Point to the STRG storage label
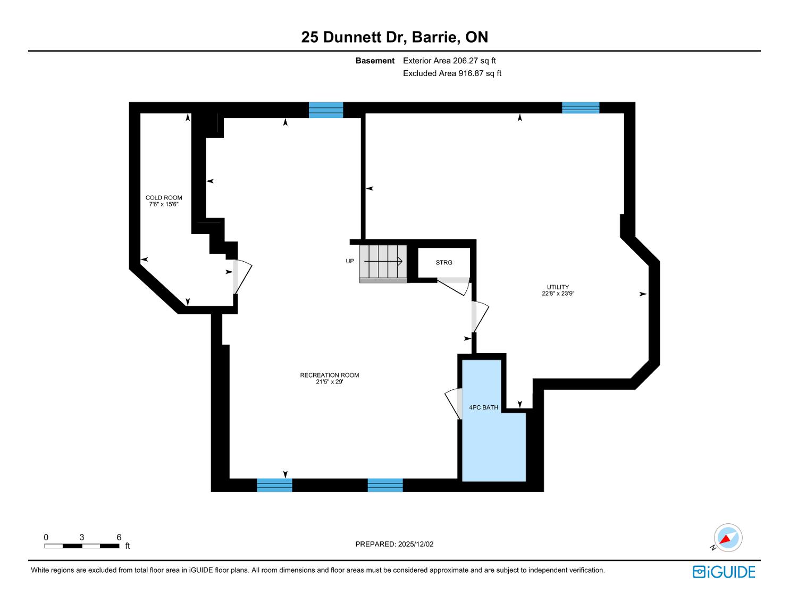(444, 263)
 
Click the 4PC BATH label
(483, 407)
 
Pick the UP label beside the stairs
(350, 261)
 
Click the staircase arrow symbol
(383, 261)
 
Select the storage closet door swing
(454, 287)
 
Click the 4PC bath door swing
(453, 404)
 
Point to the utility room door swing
(480, 316)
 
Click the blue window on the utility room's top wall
(580, 108)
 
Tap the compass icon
(728, 538)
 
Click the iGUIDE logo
(724, 572)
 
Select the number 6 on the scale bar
(119, 537)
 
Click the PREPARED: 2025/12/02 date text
(394, 544)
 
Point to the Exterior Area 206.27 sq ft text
(449, 61)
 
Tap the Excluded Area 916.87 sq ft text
(452, 73)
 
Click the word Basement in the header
(375, 61)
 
